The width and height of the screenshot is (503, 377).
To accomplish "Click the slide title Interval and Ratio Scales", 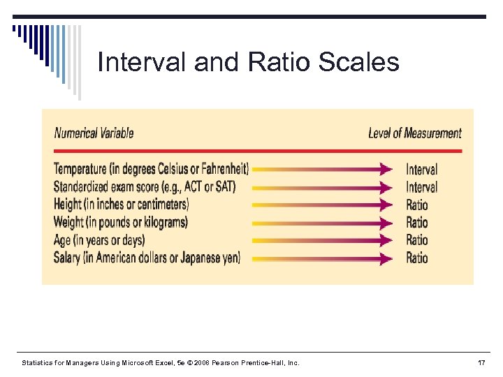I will [248, 62].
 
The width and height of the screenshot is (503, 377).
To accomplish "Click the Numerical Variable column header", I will [94, 133].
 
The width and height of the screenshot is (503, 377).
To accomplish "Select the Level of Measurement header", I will [414, 133].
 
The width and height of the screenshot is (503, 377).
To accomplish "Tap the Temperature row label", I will [151, 169].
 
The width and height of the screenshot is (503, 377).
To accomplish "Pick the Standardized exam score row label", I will [145, 186].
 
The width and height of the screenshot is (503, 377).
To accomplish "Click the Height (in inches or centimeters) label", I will [121, 205].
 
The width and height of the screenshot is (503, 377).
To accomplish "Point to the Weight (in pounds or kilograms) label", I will [120, 222].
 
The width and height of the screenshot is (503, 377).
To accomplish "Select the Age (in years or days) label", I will [99, 240].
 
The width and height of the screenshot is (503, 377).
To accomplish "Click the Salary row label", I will [147, 258].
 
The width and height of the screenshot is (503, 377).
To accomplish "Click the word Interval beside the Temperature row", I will [421, 170].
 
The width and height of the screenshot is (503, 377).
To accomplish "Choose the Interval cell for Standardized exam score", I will [421, 187].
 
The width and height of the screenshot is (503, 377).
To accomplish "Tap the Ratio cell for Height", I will [417, 205].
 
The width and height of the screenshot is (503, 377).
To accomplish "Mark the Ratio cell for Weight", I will [417, 223].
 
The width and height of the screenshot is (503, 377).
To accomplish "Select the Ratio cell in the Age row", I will [417, 240].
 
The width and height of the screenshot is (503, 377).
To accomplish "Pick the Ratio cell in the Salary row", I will [417, 258].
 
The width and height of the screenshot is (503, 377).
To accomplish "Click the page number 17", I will [481, 363].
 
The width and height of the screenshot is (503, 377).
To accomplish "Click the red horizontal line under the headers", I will [258, 150].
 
